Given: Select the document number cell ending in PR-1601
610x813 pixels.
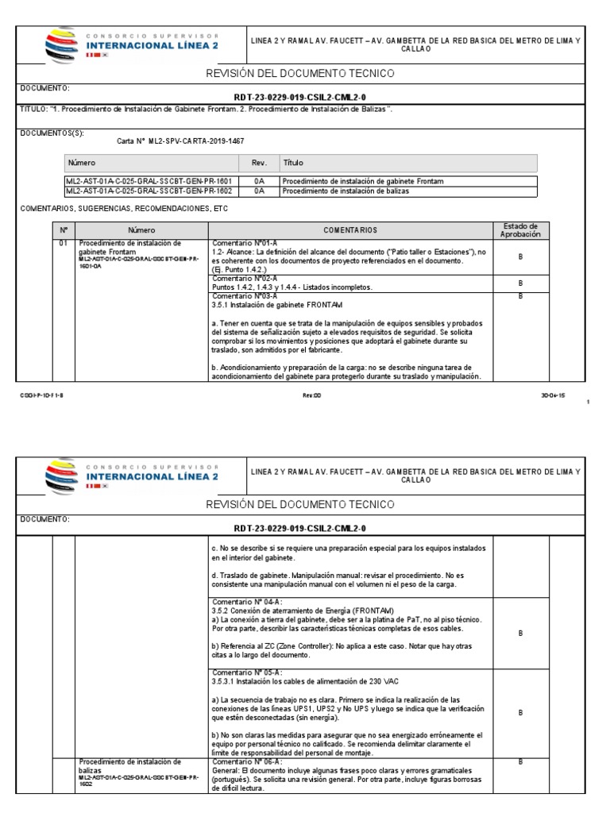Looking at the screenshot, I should click(148, 181).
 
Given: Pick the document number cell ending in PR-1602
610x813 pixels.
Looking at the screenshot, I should click(148, 191).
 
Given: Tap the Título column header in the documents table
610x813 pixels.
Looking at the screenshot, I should click(292, 163).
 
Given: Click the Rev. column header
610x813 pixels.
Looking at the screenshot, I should click(258, 163).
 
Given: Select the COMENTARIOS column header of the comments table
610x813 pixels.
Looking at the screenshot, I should click(349, 230).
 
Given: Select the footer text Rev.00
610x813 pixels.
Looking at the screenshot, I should click(311, 394).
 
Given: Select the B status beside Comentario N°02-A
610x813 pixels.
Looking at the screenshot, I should click(520, 283).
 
